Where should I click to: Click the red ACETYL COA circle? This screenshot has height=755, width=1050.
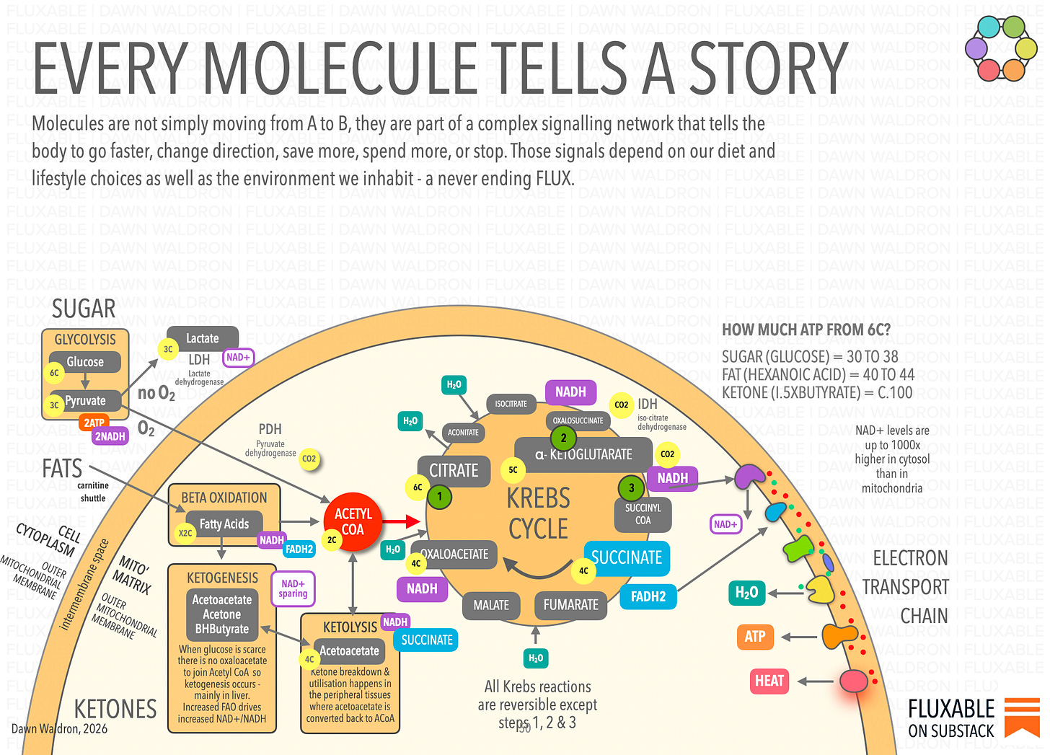tap(353, 521)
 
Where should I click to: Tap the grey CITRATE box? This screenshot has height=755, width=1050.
tap(454, 471)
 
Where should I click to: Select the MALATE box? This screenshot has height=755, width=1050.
tap(491, 605)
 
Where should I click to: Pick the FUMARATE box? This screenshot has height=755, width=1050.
tap(570, 605)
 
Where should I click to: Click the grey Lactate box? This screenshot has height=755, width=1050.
tap(203, 338)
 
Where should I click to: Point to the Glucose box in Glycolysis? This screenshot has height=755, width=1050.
tap(85, 362)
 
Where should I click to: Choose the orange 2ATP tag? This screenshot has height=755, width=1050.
tap(94, 423)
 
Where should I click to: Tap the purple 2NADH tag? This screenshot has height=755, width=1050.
tap(110, 436)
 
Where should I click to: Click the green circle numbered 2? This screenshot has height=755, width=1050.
tap(563, 438)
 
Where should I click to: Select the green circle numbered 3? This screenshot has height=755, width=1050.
tap(632, 488)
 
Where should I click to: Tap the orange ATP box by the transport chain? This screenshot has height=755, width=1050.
tap(755, 637)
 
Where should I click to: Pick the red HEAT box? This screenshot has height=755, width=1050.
tap(769, 681)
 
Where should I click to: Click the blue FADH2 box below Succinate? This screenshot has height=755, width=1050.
tap(648, 596)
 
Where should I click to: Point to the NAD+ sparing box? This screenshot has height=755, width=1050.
tap(293, 588)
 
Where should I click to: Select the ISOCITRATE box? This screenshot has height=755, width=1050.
tap(511, 404)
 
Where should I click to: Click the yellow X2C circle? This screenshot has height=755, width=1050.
tap(185, 534)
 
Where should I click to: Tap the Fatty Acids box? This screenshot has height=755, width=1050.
tap(224, 524)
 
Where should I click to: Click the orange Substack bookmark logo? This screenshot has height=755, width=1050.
tap(1022, 715)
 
